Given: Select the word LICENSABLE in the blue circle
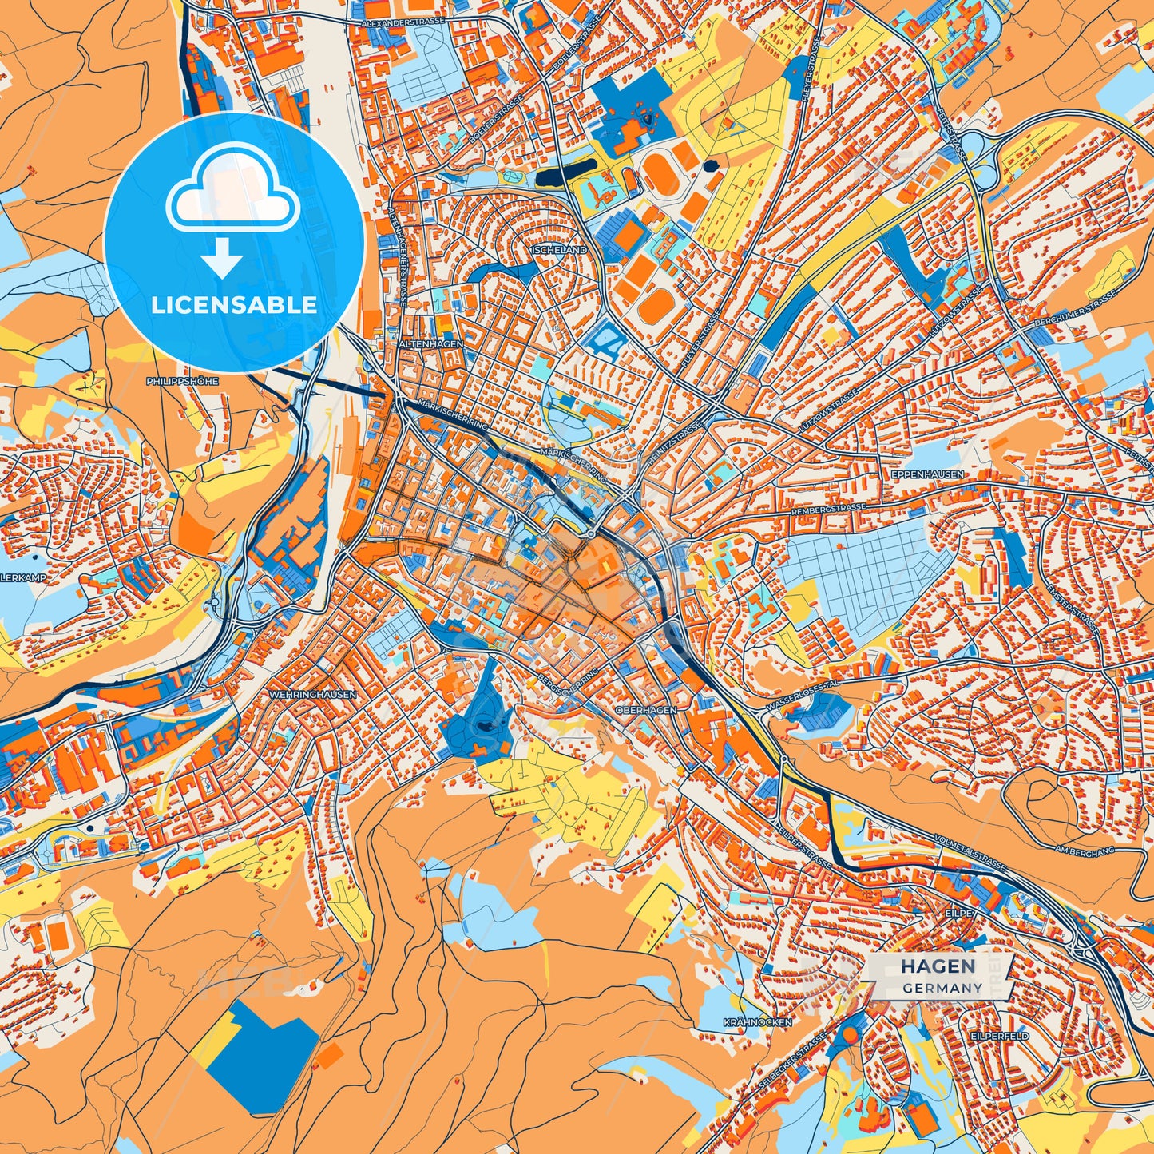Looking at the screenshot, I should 234,305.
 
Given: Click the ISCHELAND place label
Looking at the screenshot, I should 559,250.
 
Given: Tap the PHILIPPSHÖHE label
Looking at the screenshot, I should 182,382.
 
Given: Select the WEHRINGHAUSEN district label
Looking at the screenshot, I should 313,695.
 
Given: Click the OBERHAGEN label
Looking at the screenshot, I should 647,709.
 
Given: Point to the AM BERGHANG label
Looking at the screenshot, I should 1084,851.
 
